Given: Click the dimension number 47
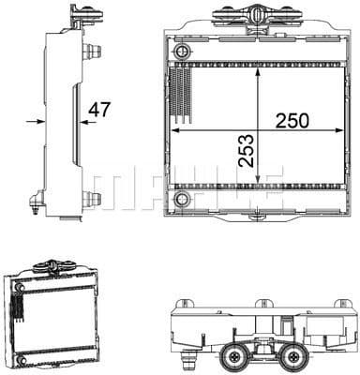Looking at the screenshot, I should pyautogui.click(x=99, y=110).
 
